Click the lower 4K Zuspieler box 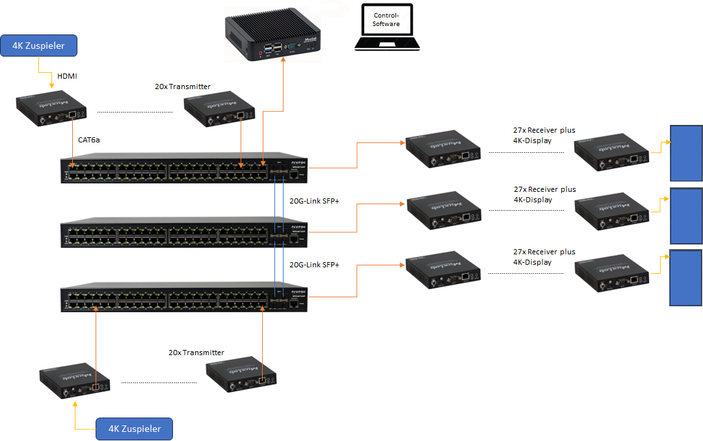(135, 429)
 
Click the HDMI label (67, 77)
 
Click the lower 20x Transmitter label (196, 353)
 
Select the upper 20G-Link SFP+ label (314, 202)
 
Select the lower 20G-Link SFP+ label (314, 265)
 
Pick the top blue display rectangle (686, 153)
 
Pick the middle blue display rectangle (686, 216)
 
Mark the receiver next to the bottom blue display (611, 273)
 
